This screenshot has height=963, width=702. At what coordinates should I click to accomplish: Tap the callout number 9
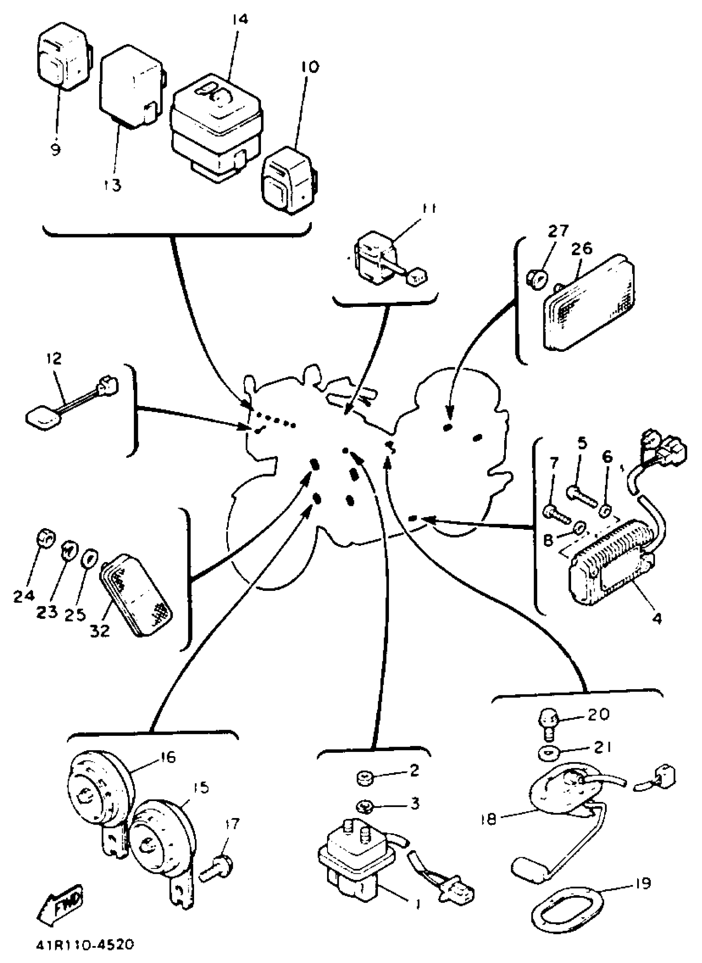pyautogui.click(x=55, y=149)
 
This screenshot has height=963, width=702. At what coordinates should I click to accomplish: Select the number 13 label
pyautogui.click(x=112, y=185)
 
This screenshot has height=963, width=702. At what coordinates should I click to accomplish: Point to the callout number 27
pyautogui.click(x=557, y=231)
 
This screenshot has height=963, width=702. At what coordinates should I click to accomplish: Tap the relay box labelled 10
pyautogui.click(x=289, y=180)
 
